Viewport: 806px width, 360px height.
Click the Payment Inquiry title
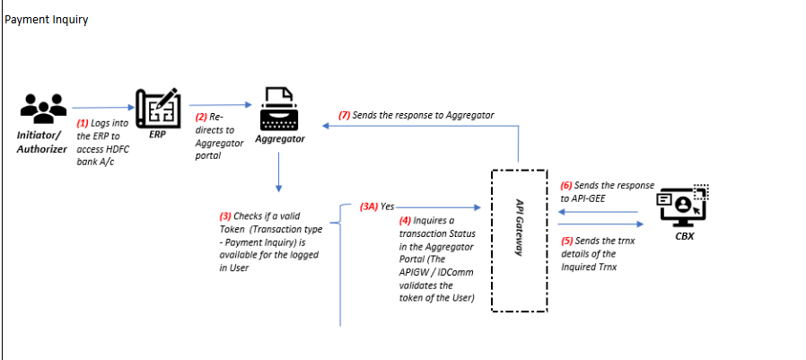[x=47, y=20]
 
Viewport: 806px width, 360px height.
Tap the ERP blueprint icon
[x=157, y=110]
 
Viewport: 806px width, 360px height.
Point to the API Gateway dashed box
[x=519, y=240]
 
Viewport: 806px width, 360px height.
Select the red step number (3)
[x=227, y=216]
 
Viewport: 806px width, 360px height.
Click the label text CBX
[x=684, y=237]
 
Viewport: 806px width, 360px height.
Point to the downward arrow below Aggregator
[x=279, y=171]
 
